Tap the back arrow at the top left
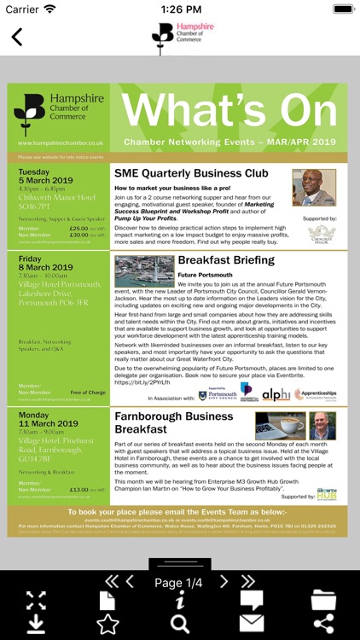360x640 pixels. click(x=17, y=38)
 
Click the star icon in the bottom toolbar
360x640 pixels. click(x=107, y=624)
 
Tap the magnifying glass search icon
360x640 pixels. click(x=180, y=624)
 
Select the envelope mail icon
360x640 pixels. click(x=252, y=624)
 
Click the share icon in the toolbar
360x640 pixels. click(x=323, y=624)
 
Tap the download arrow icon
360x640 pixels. click(x=36, y=624)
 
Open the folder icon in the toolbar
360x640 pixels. click(x=323, y=600)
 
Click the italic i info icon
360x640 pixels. click(x=180, y=601)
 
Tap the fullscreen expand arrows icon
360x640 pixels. click(x=36, y=600)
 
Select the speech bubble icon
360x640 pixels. click(x=252, y=600)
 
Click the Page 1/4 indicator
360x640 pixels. click(x=179, y=583)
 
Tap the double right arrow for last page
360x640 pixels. click(x=248, y=582)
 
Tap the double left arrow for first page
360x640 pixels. click(x=111, y=582)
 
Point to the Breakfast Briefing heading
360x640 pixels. click(x=226, y=259)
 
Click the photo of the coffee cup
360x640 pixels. click(x=280, y=426)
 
